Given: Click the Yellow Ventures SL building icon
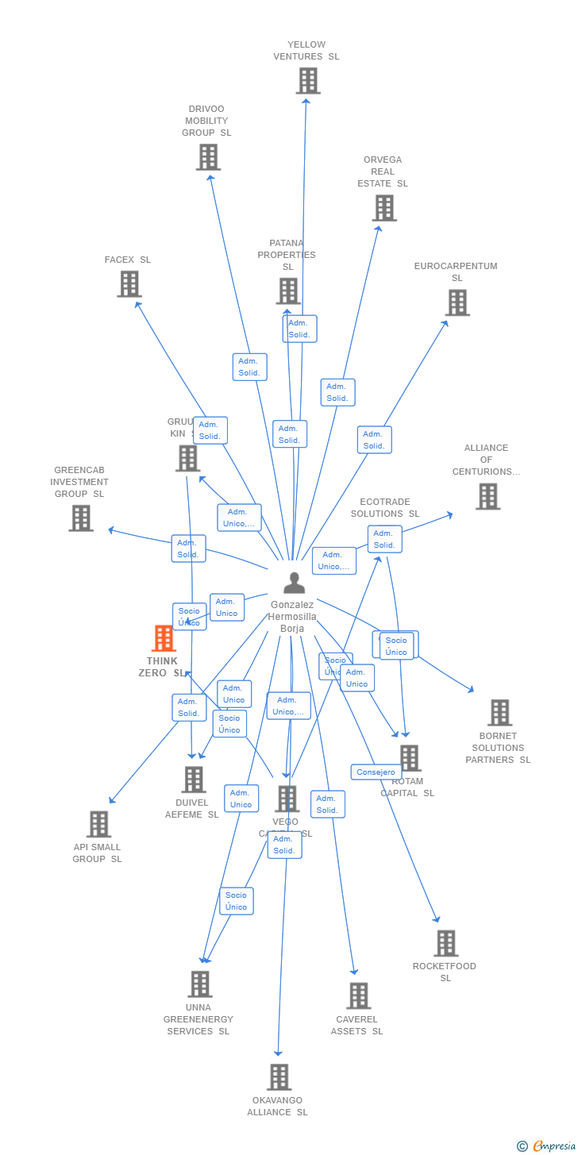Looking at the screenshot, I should pyautogui.click(x=308, y=81).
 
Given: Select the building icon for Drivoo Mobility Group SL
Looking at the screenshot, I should pyautogui.click(x=208, y=157).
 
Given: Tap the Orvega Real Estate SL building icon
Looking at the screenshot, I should pyautogui.click(x=384, y=208).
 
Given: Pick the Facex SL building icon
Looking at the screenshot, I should pyautogui.click(x=129, y=284).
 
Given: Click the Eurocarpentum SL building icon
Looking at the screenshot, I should pyautogui.click(x=457, y=302).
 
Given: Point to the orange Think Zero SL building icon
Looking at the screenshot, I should pyautogui.click(x=164, y=638).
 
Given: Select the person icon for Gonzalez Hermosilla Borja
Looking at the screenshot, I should pyautogui.click(x=294, y=583).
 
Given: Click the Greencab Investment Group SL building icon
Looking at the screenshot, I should pyautogui.click(x=81, y=518).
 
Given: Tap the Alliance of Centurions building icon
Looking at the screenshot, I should pyautogui.click(x=487, y=496).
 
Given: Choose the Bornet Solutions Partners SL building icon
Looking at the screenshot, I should pyautogui.click(x=499, y=713).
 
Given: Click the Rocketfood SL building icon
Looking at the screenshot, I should pyautogui.click(x=445, y=944).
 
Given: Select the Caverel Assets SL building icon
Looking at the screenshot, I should pyautogui.click(x=358, y=996).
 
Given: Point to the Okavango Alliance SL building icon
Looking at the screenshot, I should pyautogui.click(x=279, y=1077).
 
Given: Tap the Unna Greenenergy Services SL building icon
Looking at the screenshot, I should pyautogui.click(x=199, y=984).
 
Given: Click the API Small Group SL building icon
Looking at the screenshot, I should pyautogui.click(x=98, y=824).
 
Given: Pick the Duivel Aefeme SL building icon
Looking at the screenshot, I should pyautogui.click(x=194, y=780).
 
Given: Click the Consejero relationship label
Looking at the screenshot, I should pyautogui.click(x=376, y=772).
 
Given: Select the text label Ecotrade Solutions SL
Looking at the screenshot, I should pyautogui.click(x=385, y=508).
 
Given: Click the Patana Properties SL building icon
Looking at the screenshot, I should pyautogui.click(x=288, y=291).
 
